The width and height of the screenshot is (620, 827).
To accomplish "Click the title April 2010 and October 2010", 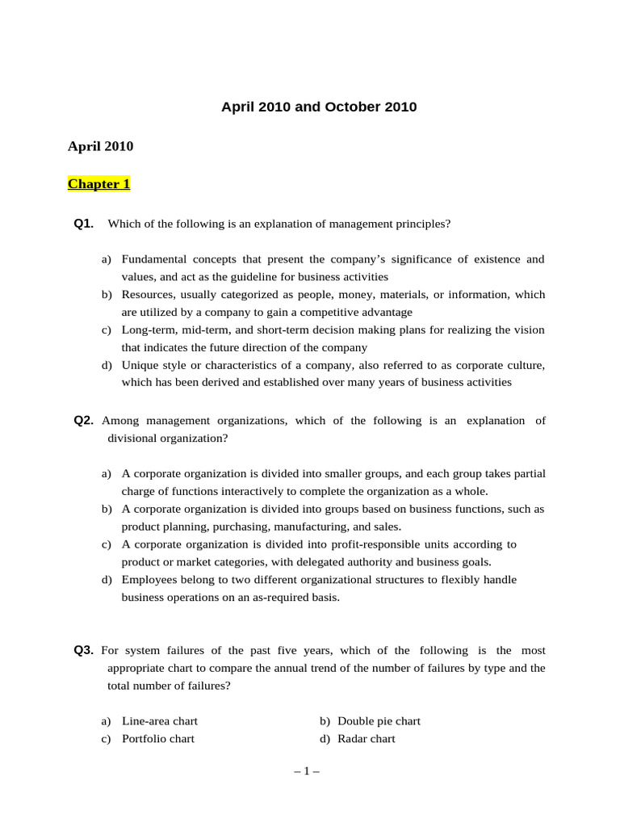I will point(319,107).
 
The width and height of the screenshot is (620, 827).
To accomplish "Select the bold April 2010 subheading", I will point(100,146).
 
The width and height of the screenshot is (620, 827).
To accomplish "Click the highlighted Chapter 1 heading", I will point(98,184).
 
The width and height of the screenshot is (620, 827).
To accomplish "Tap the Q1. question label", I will point(84,224).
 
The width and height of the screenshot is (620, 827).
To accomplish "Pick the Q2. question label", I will point(84,421).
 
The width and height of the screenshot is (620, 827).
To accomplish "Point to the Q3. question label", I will point(84,650).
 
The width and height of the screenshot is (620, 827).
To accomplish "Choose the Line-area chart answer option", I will point(160,721).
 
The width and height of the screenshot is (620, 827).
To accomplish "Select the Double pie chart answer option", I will point(379,721).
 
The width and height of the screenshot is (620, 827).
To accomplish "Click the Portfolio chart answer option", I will point(158,739).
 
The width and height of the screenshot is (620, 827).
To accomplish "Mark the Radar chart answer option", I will point(367,739).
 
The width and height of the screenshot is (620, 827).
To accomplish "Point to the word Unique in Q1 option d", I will point(139,365).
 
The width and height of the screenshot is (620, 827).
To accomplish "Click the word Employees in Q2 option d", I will point(149,580).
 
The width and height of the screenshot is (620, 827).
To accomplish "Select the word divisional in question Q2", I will point(132,439).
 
